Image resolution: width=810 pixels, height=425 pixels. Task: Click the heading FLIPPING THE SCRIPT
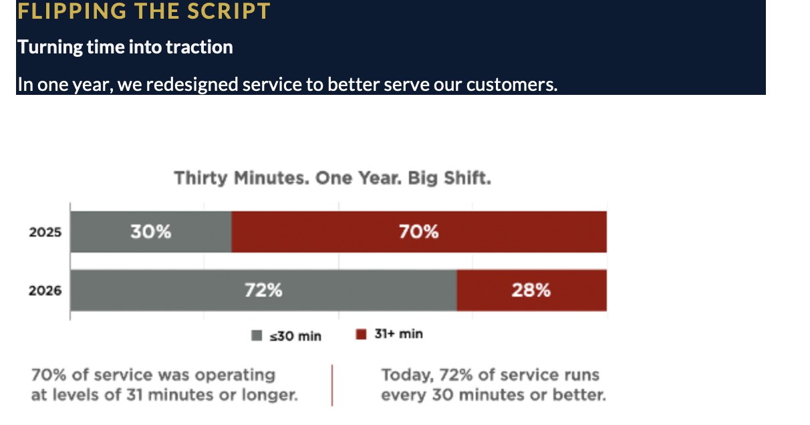pos(144,11)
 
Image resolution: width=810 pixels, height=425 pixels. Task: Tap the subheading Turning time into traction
pos(125,47)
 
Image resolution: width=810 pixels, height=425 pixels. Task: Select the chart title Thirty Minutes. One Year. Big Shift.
pos(332,178)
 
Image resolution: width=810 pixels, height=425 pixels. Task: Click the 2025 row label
pos(45,233)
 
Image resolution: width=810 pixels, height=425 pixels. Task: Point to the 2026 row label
pos(45,291)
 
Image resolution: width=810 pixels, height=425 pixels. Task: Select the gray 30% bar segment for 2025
pos(151,232)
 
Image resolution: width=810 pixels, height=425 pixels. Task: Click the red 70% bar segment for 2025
pos(419,232)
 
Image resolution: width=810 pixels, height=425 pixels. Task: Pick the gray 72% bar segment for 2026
pos(263,291)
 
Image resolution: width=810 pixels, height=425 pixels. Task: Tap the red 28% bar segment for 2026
pos(531,291)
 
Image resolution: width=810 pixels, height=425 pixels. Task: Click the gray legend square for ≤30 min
pos(257,335)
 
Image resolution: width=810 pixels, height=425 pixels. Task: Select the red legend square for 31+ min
pos(362,334)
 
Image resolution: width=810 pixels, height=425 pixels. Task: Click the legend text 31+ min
pos(398,334)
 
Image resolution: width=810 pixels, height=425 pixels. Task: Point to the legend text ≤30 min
pos(295,335)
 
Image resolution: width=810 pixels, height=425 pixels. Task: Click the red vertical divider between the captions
pos(332,385)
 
